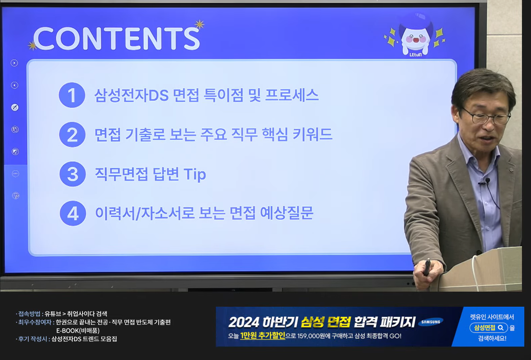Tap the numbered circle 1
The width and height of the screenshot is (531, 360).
tap(72, 95)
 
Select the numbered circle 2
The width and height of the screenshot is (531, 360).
tap(72, 135)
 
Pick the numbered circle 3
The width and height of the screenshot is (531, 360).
tap(72, 174)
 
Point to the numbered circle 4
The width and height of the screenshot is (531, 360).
tap(73, 214)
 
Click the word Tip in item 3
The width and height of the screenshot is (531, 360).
tap(195, 175)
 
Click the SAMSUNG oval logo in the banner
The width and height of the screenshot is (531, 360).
tap(431, 322)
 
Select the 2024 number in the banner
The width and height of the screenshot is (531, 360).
tap(244, 322)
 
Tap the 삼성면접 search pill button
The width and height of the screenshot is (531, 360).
tap(489, 328)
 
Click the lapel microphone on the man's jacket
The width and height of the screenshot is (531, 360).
tap(487, 181)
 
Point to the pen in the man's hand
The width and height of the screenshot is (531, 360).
tap(427, 266)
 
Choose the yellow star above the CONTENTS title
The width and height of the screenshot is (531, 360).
tap(199, 24)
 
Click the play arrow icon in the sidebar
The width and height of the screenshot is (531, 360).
tap(14, 63)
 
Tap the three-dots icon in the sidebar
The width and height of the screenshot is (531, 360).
tap(15, 174)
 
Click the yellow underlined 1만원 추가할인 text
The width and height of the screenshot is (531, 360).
tap(263, 336)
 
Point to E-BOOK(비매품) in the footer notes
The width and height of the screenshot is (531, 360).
tap(78, 331)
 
